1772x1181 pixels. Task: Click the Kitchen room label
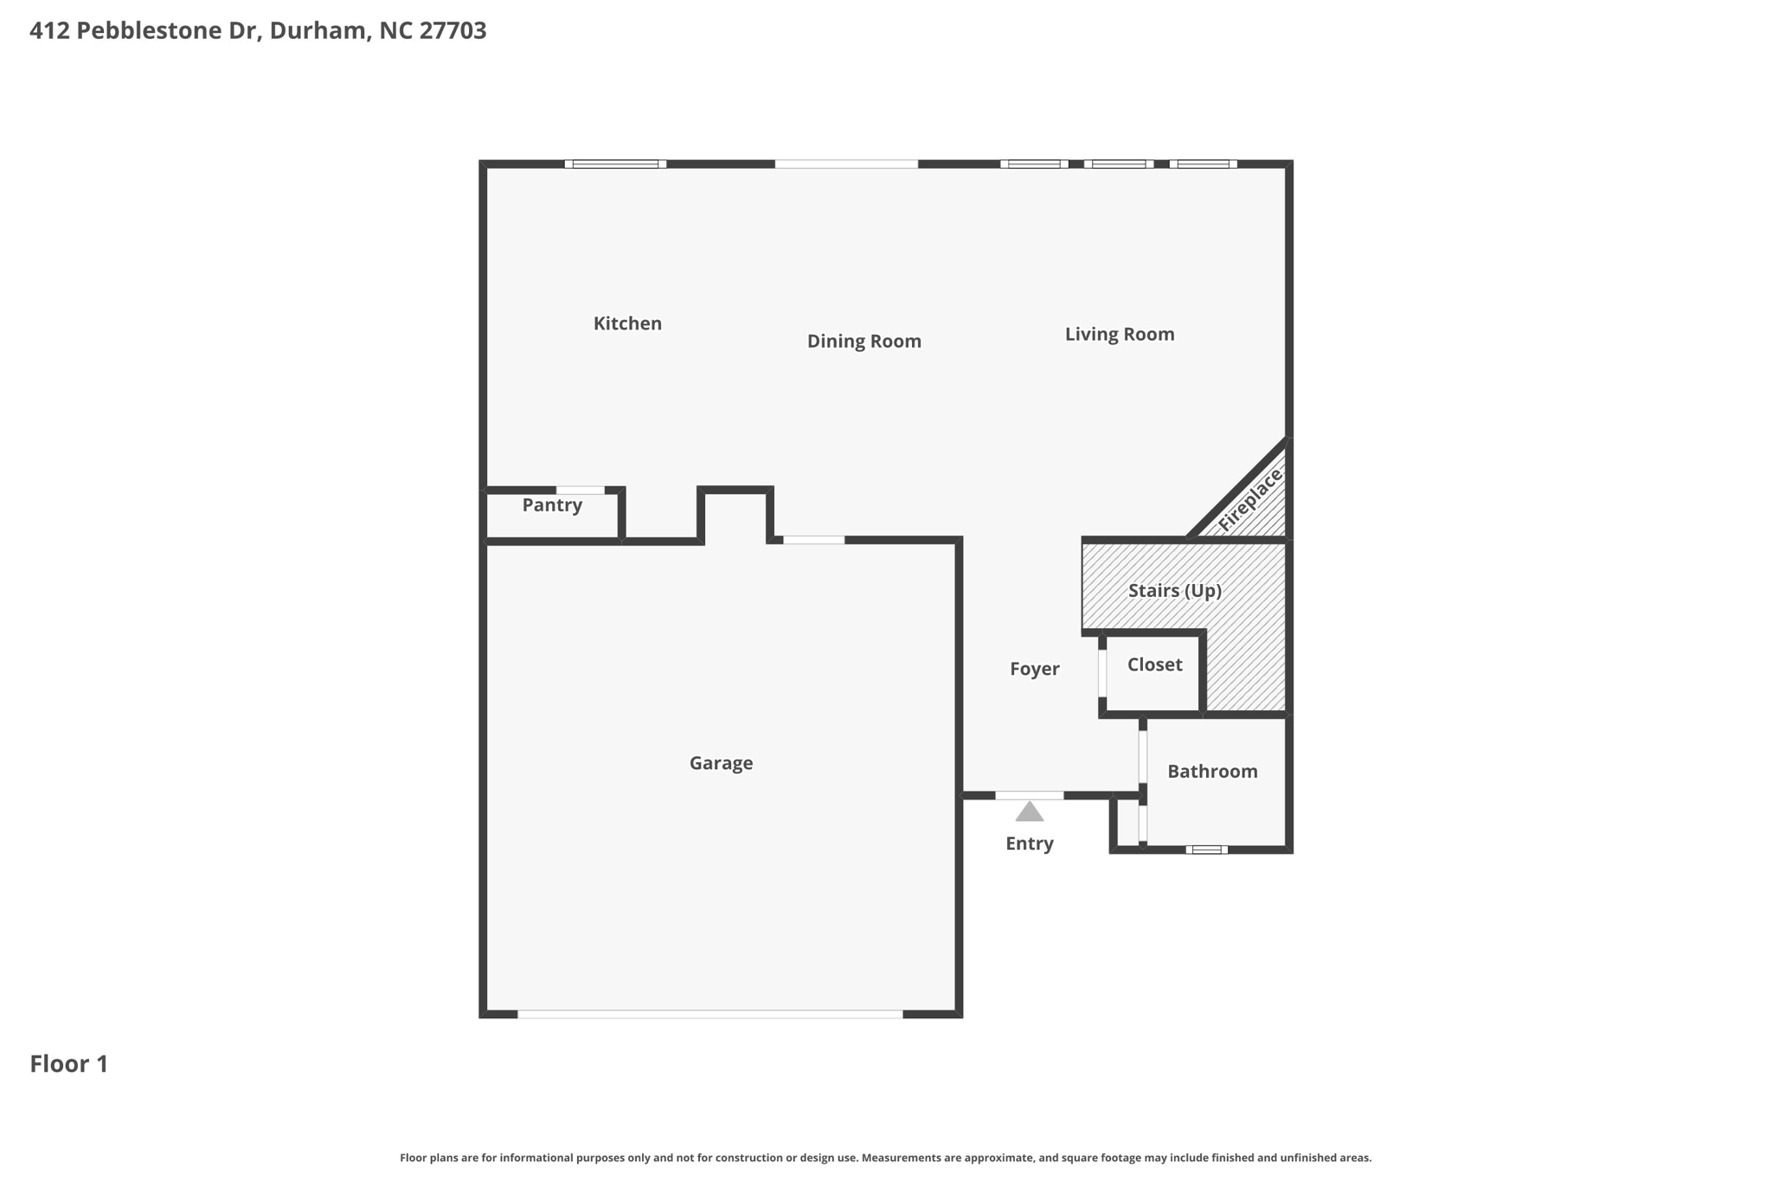coord(627,324)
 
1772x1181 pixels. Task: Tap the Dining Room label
coord(864,341)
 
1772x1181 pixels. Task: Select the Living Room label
coord(1119,334)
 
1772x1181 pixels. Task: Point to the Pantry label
coord(552,505)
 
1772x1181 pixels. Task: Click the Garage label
coord(721,763)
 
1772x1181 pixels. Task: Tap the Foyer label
coord(1034,669)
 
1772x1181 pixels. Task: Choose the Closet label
coord(1154,664)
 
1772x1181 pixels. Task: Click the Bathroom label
coord(1212,772)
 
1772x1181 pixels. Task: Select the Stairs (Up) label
coord(1174,591)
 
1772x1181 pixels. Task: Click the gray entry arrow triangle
coord(1029,812)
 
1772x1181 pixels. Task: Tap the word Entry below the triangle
coord(1029,844)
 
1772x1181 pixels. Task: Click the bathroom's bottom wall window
coord(1206,850)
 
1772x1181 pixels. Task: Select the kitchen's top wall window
coord(615,164)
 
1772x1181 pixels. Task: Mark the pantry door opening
coord(580,491)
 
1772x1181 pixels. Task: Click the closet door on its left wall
coord(1102,672)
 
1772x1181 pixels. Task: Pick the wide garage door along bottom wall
coord(709,1014)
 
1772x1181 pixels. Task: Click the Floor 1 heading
coord(69,1064)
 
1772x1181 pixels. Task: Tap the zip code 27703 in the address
coord(453,31)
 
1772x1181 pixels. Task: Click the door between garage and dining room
coord(813,540)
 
